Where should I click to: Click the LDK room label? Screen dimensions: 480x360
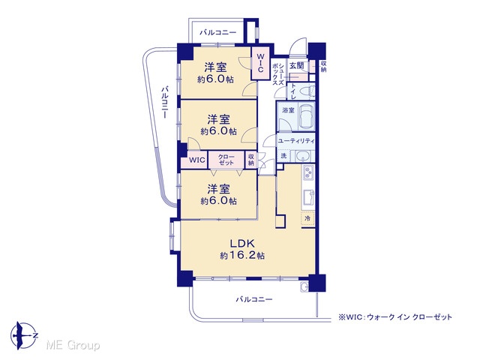click(242, 243)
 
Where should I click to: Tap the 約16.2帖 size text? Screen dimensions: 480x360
click(242, 255)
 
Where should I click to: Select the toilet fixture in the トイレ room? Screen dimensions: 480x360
click(306, 91)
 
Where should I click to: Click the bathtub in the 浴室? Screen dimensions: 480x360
click(306, 117)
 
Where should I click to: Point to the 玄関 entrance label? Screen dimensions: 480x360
click(296, 65)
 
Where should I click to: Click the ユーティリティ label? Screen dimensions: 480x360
click(296, 141)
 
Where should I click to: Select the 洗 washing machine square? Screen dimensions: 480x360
click(283, 155)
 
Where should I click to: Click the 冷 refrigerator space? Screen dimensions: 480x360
click(308, 218)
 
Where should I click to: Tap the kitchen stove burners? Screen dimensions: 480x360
click(308, 173)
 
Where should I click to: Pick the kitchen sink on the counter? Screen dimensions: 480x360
click(308, 198)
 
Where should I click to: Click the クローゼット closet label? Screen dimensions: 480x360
click(226, 160)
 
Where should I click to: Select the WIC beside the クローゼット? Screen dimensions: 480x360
click(196, 160)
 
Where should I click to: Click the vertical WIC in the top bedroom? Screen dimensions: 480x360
click(260, 63)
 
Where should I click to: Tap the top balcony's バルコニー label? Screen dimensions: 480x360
click(218, 32)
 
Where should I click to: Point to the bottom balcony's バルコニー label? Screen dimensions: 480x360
click(254, 299)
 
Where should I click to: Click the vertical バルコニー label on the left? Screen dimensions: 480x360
click(165, 102)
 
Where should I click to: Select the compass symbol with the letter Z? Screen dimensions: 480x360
click(23, 335)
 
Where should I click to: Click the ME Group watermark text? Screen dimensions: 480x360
click(73, 345)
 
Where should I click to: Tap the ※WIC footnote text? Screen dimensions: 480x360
click(395, 317)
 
